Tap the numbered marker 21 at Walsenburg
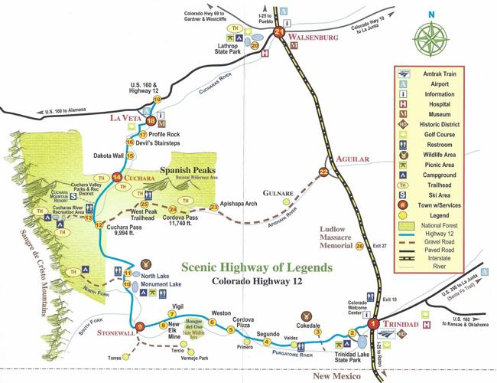coord(279,33)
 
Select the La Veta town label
coord(127,118)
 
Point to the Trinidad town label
coord(401,325)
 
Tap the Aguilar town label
coord(352,159)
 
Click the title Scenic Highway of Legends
coord(258,268)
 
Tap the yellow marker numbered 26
coord(359,246)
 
